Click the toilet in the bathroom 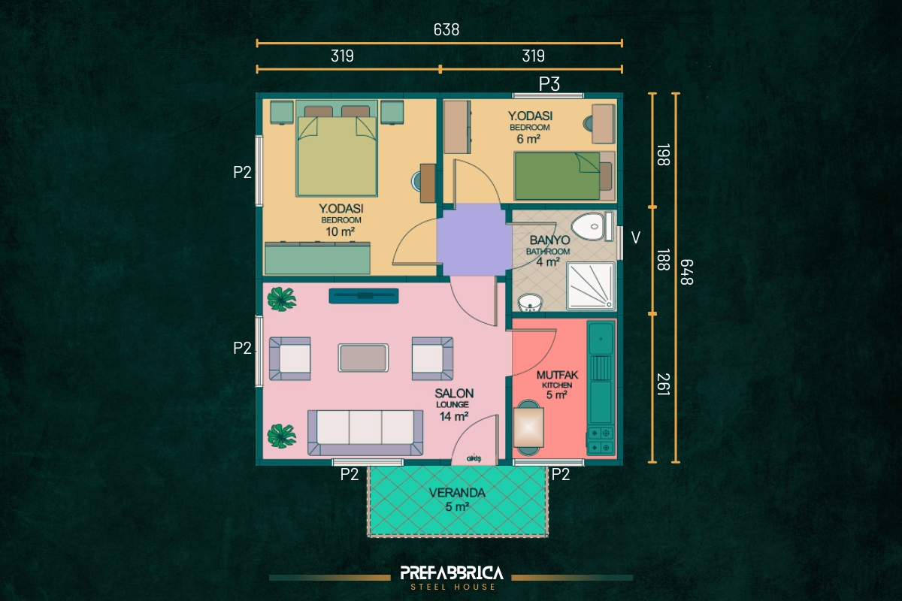click(x=592, y=226)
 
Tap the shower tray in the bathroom click(x=591, y=286)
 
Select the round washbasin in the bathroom click(x=531, y=303)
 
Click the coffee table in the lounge click(x=363, y=358)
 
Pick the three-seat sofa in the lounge click(x=365, y=433)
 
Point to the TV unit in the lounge click(x=364, y=295)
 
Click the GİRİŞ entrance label click(x=474, y=459)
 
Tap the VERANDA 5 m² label click(x=457, y=499)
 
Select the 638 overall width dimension click(x=446, y=30)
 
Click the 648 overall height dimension click(x=686, y=272)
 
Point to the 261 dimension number click(x=663, y=385)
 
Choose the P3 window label click(x=549, y=84)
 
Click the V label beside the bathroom click(x=635, y=238)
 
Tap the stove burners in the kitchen click(x=601, y=440)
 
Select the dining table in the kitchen click(x=528, y=427)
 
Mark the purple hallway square click(x=474, y=240)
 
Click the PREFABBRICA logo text click(x=452, y=572)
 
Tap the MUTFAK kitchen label click(x=557, y=375)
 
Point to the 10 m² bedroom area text click(x=340, y=232)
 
